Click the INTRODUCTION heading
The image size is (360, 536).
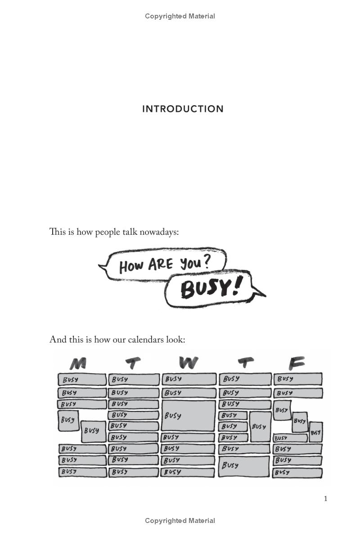[183, 109]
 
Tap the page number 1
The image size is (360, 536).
[325, 499]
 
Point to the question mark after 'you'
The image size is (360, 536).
[206, 262]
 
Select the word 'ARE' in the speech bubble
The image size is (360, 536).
[161, 264]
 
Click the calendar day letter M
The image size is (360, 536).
[78, 363]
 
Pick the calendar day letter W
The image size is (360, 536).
[188, 363]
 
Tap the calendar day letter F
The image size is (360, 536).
[297, 363]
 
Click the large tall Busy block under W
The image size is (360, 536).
[188, 415]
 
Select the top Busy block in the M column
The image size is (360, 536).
[82, 380]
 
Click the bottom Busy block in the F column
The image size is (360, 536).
[297, 473]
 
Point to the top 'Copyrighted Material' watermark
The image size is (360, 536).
[180, 16]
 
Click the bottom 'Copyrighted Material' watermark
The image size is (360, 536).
[180, 521]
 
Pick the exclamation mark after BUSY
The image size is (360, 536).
[236, 286]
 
